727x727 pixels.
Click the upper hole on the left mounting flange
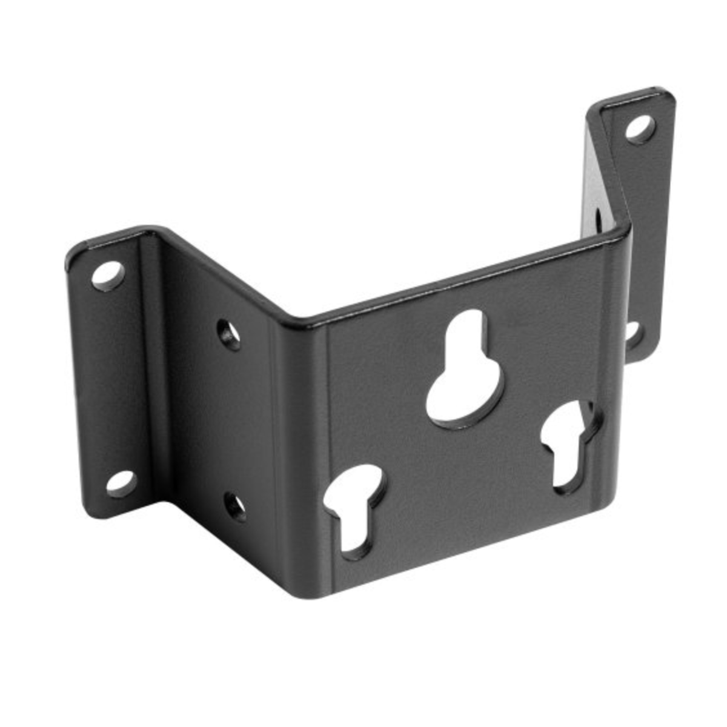pos(108,275)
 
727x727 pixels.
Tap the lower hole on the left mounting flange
pos(121,483)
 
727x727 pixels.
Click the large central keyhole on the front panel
pos(465,373)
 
